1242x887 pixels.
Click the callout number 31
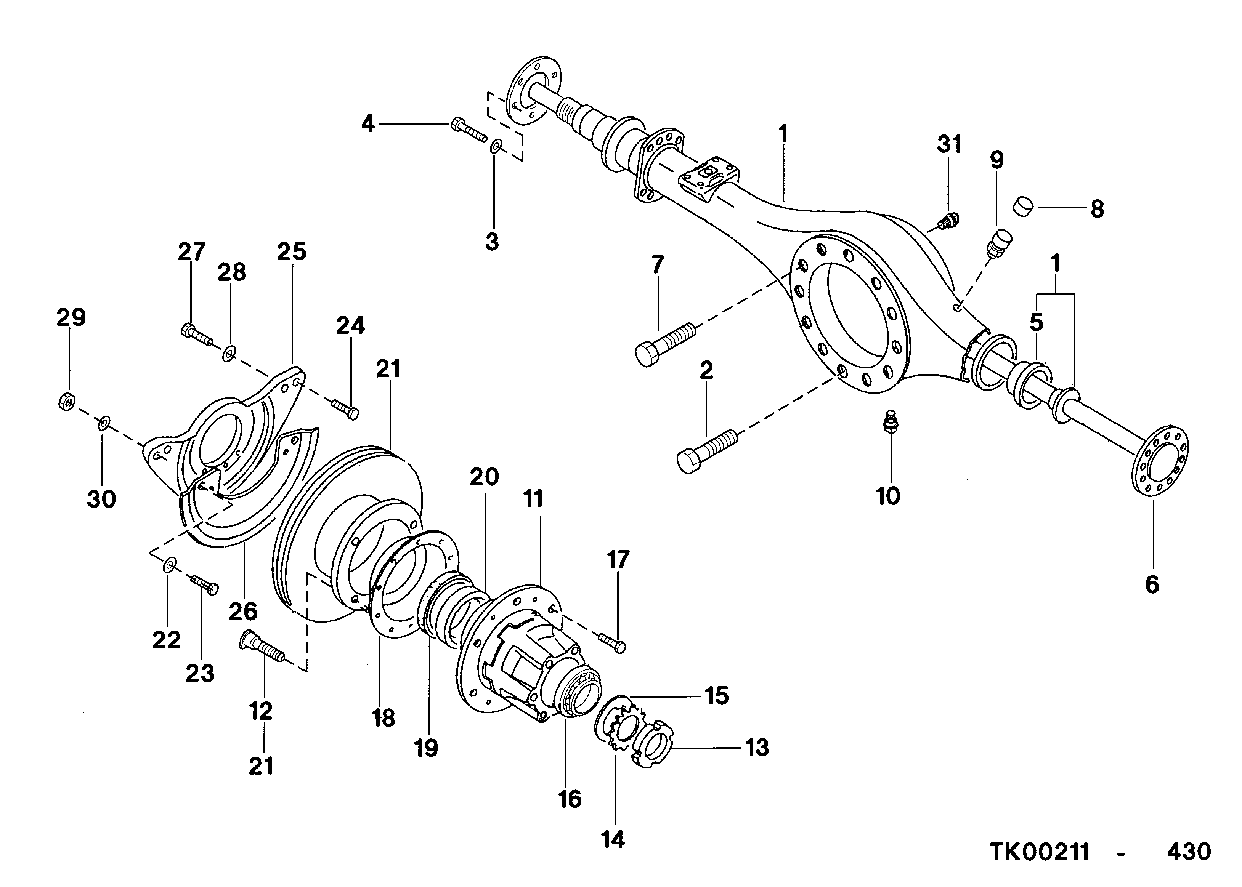[x=949, y=145]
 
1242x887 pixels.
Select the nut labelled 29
[x=66, y=402]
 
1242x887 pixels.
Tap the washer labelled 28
[x=229, y=354]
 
